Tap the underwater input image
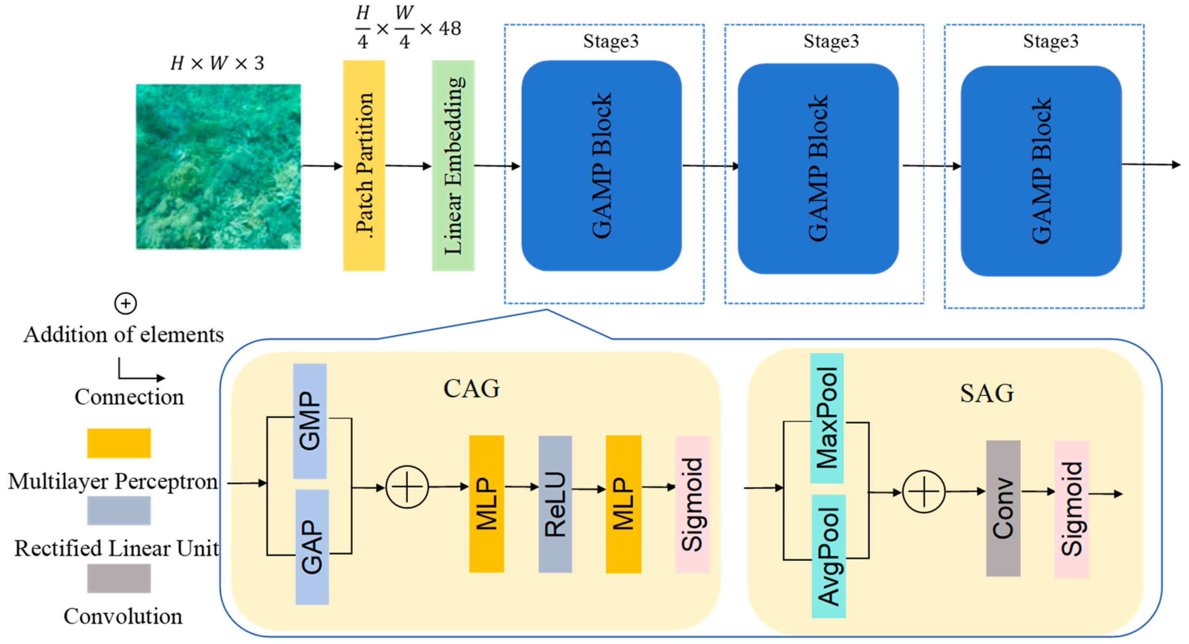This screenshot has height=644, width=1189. (218, 166)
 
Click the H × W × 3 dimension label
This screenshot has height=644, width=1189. (217, 63)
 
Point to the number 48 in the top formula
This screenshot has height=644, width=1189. (449, 29)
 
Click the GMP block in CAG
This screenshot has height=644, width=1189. (310, 421)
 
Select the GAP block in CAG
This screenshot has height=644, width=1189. (312, 547)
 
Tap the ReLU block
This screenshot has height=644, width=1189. (555, 504)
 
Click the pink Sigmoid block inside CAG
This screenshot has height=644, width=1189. (692, 504)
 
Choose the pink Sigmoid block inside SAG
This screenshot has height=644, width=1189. (1071, 508)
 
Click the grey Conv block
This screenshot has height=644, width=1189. (1003, 508)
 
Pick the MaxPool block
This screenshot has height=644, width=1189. (827, 418)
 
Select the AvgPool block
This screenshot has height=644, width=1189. (828, 556)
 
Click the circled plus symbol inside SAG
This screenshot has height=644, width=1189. (924, 492)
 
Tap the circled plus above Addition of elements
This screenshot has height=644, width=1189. (125, 304)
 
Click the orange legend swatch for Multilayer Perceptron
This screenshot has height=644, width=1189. (119, 443)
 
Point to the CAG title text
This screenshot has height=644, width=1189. (471, 388)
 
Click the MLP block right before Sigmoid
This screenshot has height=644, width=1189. (623, 504)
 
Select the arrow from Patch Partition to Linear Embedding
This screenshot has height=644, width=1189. (408, 166)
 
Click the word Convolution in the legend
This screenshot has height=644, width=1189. (123, 616)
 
